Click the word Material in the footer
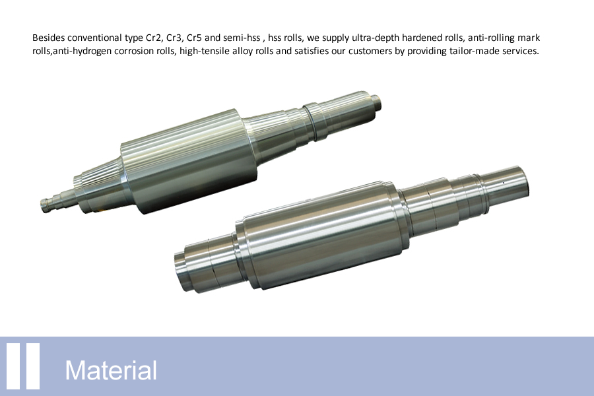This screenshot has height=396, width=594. (x=111, y=370)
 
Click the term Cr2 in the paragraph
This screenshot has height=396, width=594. (x=153, y=38)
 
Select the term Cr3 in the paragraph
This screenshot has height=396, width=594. (x=174, y=38)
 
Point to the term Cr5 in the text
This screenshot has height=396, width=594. (x=194, y=38)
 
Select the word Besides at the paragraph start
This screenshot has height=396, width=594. (x=48, y=38)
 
